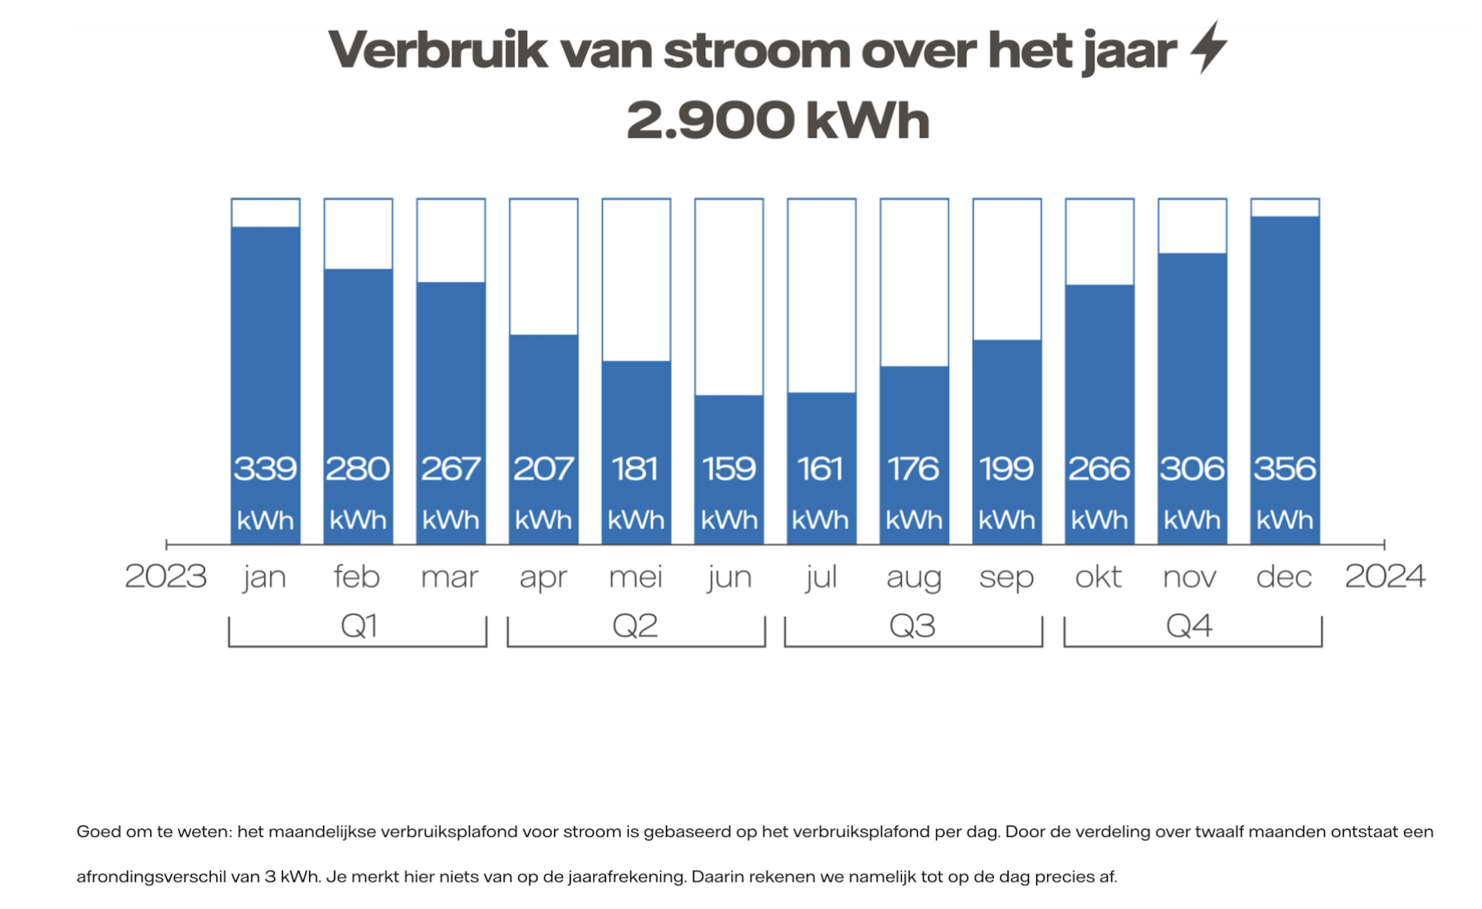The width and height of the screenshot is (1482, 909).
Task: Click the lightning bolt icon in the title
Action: click(1209, 47)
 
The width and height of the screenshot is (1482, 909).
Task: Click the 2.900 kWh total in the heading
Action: click(778, 120)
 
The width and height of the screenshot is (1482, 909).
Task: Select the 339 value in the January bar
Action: click(265, 469)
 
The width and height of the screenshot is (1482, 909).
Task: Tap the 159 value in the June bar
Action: click(729, 469)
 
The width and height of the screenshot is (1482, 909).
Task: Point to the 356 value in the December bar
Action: click(1285, 469)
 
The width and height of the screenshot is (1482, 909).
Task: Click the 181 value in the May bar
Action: click(636, 469)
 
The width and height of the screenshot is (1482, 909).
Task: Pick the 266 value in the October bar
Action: click(1099, 469)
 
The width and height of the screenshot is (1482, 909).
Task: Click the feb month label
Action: click(357, 577)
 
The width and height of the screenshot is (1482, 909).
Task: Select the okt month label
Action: click(1099, 577)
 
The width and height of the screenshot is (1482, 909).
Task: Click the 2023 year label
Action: click(166, 577)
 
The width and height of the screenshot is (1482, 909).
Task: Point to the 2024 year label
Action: click(1384, 577)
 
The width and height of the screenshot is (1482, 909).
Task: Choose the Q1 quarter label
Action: click(359, 626)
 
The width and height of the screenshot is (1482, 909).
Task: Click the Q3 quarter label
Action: click(912, 626)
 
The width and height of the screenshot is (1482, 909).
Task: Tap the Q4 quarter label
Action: click(1189, 626)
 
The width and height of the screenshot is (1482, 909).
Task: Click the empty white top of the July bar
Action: click(822, 295)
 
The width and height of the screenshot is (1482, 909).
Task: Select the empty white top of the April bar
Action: click(544, 267)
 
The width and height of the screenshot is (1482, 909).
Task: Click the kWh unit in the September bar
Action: click(1006, 521)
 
